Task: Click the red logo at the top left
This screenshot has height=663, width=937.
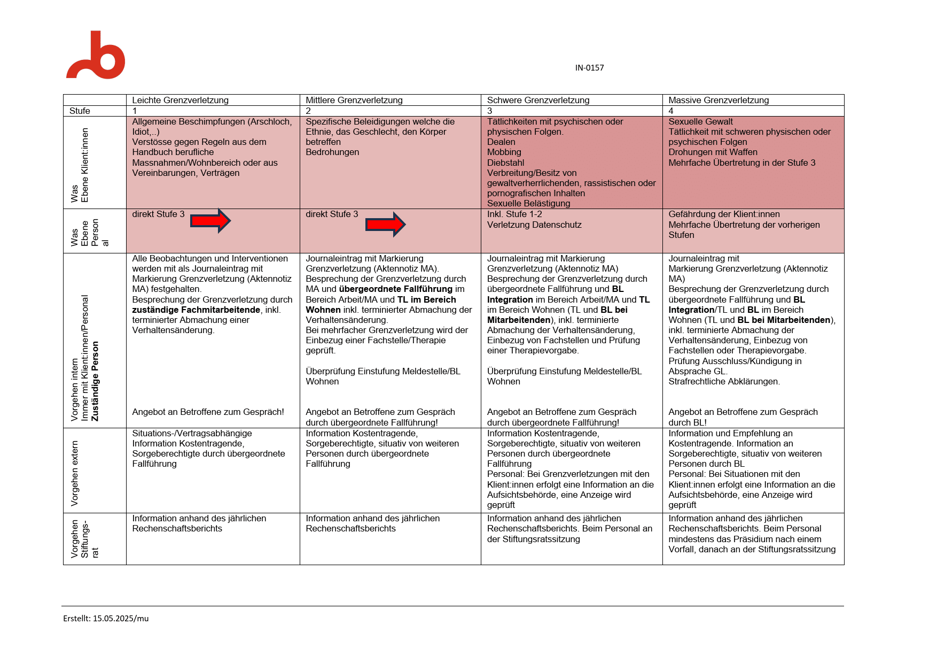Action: point(96,56)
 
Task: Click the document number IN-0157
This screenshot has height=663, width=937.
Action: point(589,68)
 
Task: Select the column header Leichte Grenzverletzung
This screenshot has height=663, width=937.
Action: point(180,100)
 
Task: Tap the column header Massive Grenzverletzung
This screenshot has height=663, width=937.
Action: point(719,100)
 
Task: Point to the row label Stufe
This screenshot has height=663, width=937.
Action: point(80,111)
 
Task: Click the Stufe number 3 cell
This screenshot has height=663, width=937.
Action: point(489,111)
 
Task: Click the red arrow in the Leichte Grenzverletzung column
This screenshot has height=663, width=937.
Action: point(210,221)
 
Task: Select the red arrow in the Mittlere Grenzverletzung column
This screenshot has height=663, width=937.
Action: point(385,224)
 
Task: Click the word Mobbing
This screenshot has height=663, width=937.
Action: point(504,152)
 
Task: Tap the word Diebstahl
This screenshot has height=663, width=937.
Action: point(505,163)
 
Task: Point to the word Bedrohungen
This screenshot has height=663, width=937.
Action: point(332,152)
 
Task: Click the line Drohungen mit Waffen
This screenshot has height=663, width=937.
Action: point(713,152)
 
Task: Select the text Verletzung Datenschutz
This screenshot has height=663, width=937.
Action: point(534,225)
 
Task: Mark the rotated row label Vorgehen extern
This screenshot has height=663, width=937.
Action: point(75,473)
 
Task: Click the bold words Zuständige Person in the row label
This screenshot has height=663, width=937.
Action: point(95,381)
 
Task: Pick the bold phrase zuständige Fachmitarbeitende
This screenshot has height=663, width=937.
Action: point(196,310)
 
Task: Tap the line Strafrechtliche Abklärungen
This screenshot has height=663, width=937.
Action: point(724,381)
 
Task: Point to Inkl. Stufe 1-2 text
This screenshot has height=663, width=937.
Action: point(514,214)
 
